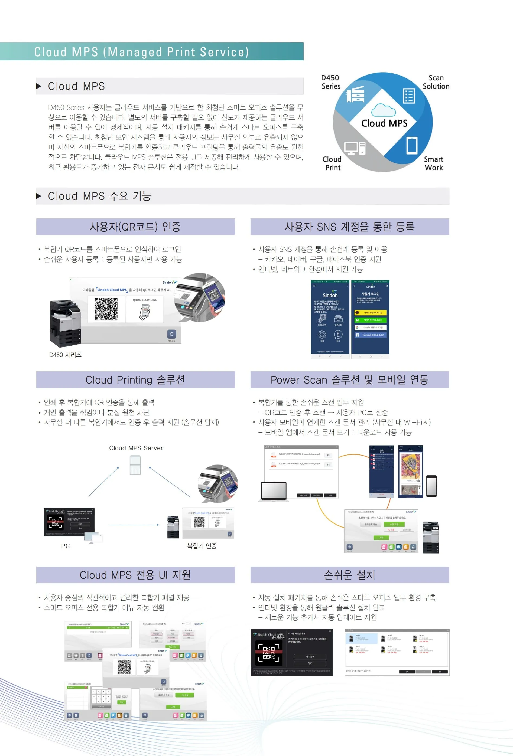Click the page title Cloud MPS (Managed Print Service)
142,52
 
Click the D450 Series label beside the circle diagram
330,82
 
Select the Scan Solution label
436,82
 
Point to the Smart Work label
434,163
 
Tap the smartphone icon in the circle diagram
412,145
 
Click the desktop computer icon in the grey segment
355,148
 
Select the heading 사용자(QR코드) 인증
135,227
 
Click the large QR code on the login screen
106,309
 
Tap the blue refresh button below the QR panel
171,334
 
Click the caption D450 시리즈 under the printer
65,355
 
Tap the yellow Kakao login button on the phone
370,313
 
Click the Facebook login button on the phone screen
370,335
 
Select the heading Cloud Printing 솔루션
135,380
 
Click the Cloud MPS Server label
136,448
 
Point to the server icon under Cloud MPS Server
135,465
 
